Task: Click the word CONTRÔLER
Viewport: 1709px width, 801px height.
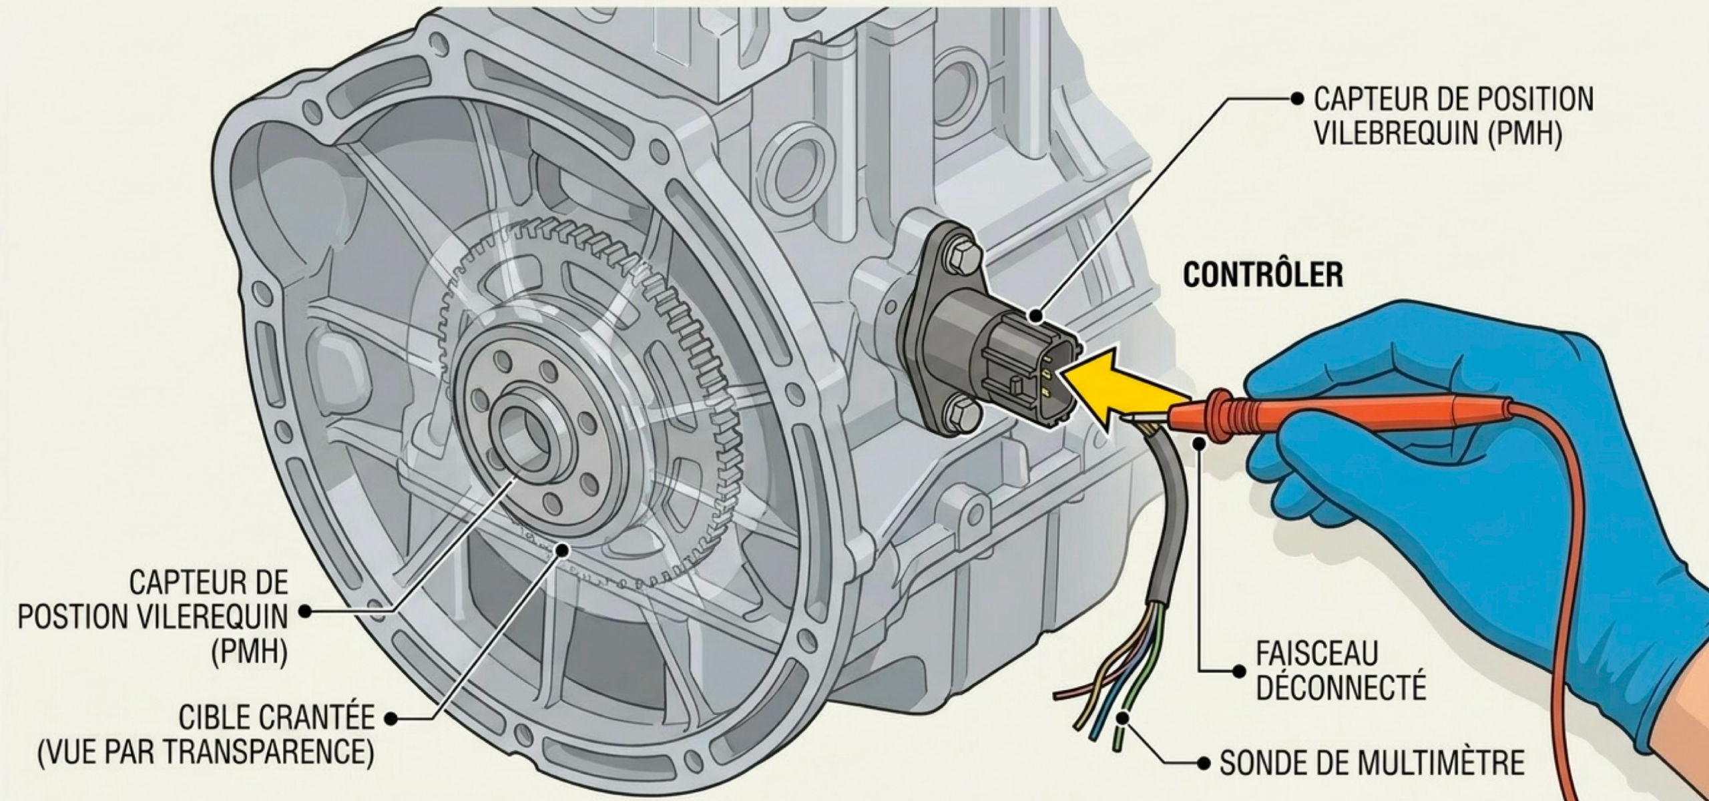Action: point(1263,275)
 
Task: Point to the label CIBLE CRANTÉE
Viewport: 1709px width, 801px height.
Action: point(276,719)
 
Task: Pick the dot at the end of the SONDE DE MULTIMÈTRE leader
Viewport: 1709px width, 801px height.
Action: point(1205,762)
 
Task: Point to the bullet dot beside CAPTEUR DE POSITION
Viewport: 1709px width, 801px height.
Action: point(1298,99)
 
